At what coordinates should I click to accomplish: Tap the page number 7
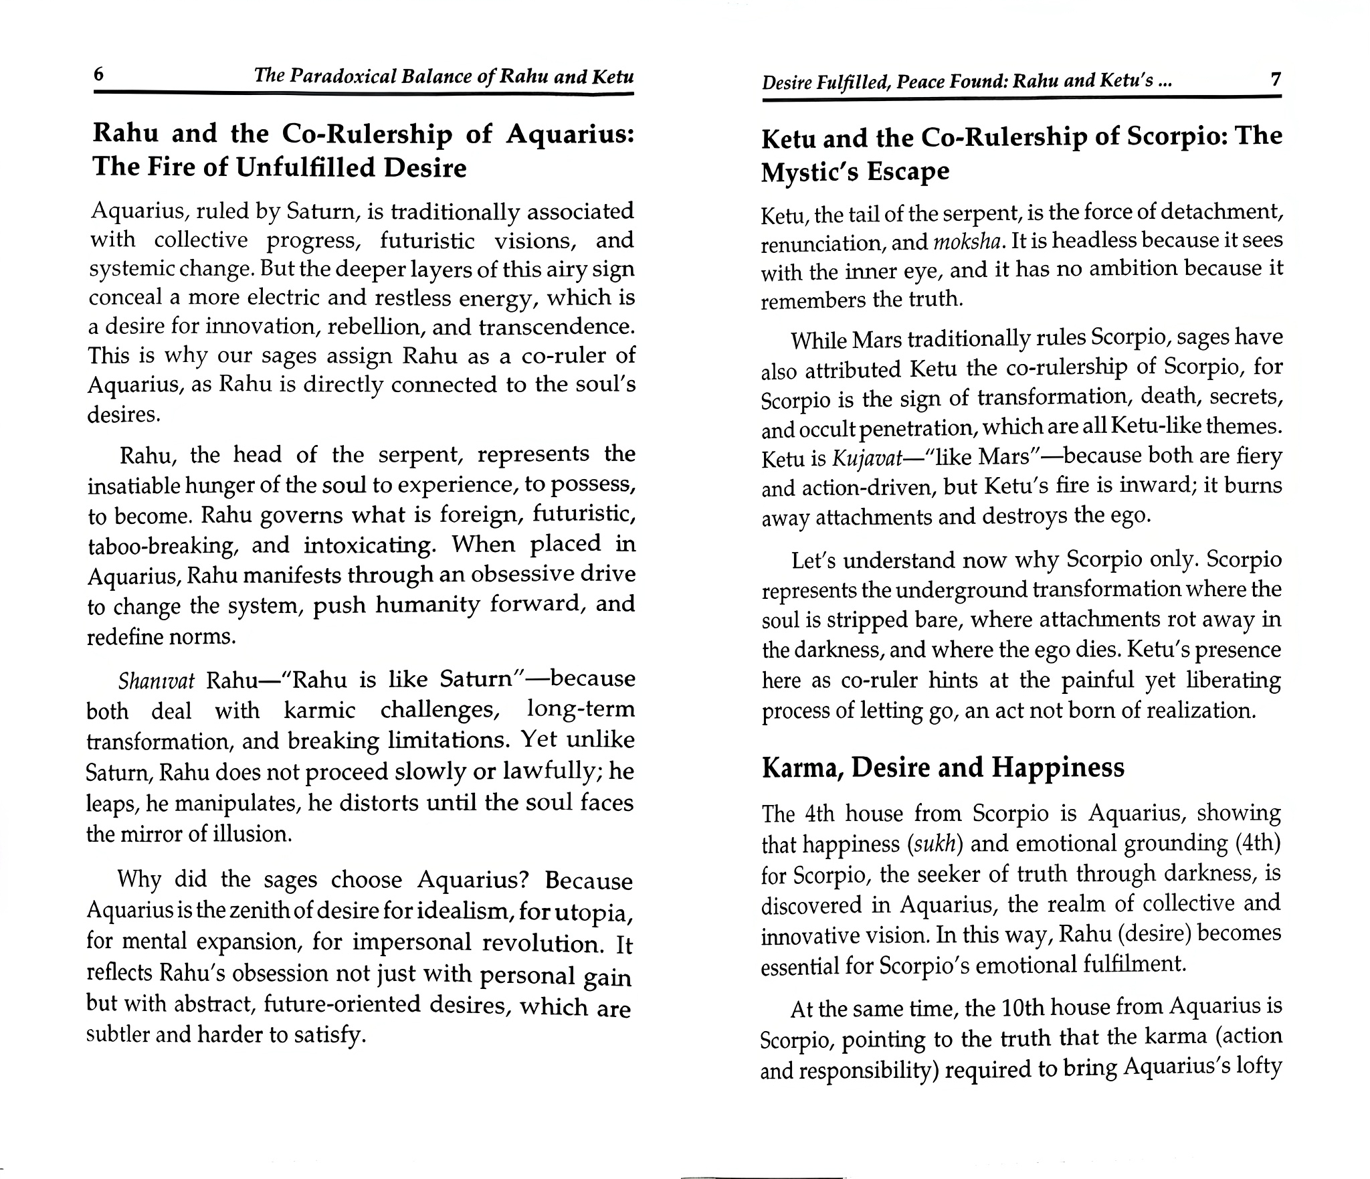[x=1275, y=80]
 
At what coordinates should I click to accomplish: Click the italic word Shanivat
[x=157, y=681]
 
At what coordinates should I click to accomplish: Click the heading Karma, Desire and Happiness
[x=943, y=767]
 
